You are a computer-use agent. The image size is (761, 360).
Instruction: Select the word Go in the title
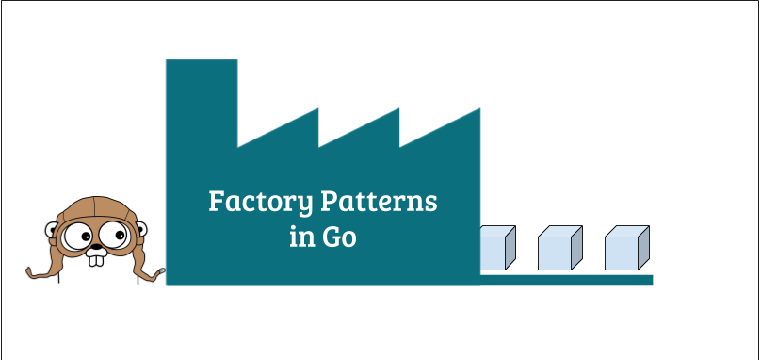click(x=340, y=237)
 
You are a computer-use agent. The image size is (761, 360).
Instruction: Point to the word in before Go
click(x=300, y=237)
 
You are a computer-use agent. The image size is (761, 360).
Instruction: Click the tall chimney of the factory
click(x=202, y=94)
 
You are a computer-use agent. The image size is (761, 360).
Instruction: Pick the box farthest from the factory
click(x=627, y=250)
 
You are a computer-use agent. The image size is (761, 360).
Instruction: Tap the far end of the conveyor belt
click(x=649, y=279)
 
